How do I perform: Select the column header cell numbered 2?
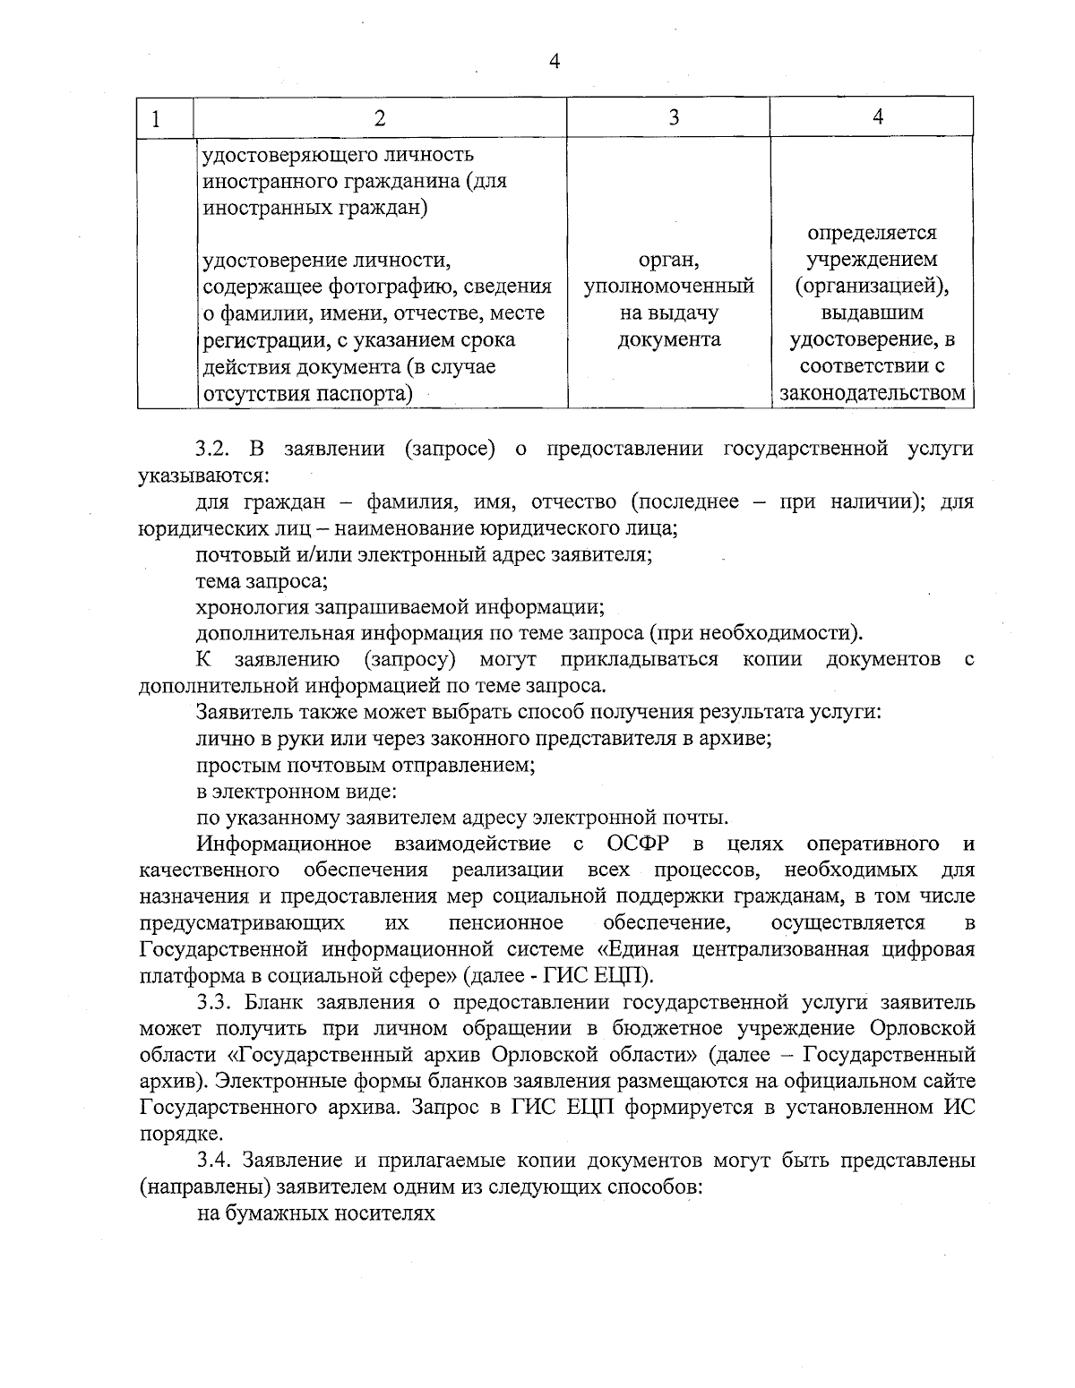click(x=380, y=118)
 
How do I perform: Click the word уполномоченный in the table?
click(x=668, y=287)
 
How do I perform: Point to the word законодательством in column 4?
click(x=873, y=393)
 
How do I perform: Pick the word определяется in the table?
click(x=872, y=233)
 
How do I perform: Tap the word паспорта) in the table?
click(x=369, y=393)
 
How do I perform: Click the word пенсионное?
click(x=506, y=922)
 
